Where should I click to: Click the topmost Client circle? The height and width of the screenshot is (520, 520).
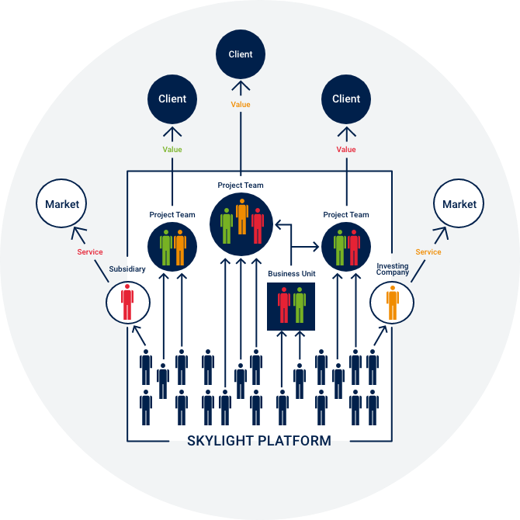[241, 54]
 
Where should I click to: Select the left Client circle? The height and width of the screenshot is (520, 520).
[172, 99]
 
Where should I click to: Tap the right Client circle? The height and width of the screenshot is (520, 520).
[346, 99]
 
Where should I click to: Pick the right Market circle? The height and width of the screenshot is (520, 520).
[459, 204]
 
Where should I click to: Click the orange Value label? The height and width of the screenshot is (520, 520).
[241, 104]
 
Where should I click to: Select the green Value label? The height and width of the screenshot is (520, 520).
[172, 149]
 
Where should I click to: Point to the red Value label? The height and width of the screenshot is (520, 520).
[346, 149]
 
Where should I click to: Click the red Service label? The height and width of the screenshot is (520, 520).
[89, 252]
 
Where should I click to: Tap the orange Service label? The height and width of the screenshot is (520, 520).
[428, 252]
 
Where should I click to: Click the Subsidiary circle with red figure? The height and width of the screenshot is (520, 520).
[127, 301]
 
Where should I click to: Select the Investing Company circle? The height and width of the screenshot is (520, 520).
[393, 302]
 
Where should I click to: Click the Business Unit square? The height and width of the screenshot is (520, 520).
[291, 306]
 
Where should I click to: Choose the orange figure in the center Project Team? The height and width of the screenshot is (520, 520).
[242, 217]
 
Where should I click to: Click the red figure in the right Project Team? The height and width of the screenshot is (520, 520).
[354, 247]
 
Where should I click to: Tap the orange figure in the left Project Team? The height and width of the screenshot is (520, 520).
[180, 247]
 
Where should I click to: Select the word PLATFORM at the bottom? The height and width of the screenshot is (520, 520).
[298, 441]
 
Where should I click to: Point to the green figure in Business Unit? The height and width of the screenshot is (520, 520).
[300, 305]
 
